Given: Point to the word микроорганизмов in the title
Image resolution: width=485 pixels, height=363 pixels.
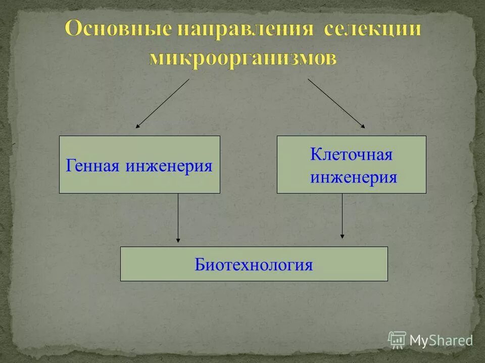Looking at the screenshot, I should click(243, 58).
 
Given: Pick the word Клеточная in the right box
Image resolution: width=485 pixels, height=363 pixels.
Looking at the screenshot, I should click(351, 155).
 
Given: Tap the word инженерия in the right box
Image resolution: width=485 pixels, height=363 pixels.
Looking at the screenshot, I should click(353, 177).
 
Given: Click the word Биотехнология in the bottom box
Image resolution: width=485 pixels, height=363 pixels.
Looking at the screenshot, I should click(254, 264).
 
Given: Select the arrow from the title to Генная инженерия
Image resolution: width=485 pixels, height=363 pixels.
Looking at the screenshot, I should click(163, 103).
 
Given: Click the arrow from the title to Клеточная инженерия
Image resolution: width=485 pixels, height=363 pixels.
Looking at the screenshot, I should click(335, 102).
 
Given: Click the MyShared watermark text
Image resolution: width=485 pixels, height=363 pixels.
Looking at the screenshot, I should click(441, 340).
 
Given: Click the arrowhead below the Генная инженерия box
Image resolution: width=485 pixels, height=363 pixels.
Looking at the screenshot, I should click(178, 239).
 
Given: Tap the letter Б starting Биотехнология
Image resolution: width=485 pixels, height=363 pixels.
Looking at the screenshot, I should click(199, 264).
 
